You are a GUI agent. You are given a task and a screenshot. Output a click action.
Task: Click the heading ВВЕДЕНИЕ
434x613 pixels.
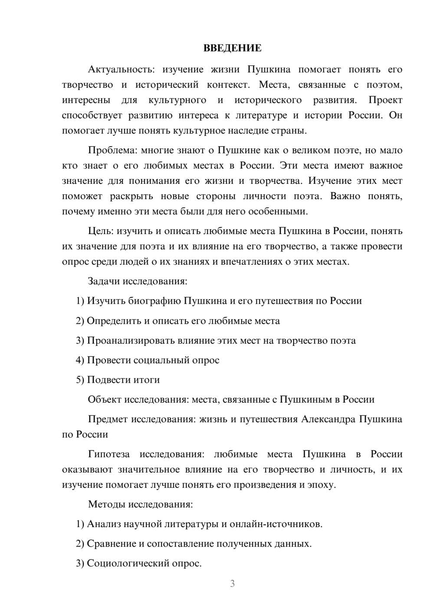pos(232,48)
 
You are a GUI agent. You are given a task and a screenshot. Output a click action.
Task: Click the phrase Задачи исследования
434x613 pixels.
pos(137,281)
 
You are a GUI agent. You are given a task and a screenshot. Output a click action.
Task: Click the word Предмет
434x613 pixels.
pos(108,419)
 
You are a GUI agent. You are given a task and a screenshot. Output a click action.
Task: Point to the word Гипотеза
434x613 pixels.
pos(108,454)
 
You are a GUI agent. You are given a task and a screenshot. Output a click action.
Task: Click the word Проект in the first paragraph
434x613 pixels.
pos(385,100)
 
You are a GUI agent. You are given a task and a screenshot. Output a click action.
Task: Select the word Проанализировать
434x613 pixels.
pos(131,341)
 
